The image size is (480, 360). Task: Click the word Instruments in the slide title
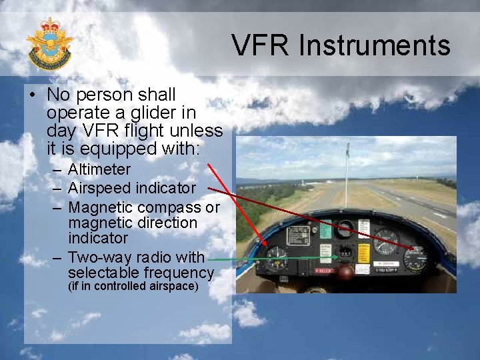[x=375, y=46]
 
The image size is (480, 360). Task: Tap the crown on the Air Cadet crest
[x=49, y=26]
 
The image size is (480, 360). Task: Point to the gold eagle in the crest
[x=49, y=45]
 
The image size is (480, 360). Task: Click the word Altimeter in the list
[x=99, y=170]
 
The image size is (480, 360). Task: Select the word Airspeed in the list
[x=99, y=189]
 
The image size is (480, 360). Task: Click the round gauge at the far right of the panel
[x=415, y=257]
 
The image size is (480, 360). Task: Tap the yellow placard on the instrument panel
[x=364, y=253]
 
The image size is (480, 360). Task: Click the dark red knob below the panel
[x=345, y=272]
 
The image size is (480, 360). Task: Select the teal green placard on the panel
[x=325, y=230]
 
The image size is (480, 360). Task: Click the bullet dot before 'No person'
[x=32, y=95]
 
